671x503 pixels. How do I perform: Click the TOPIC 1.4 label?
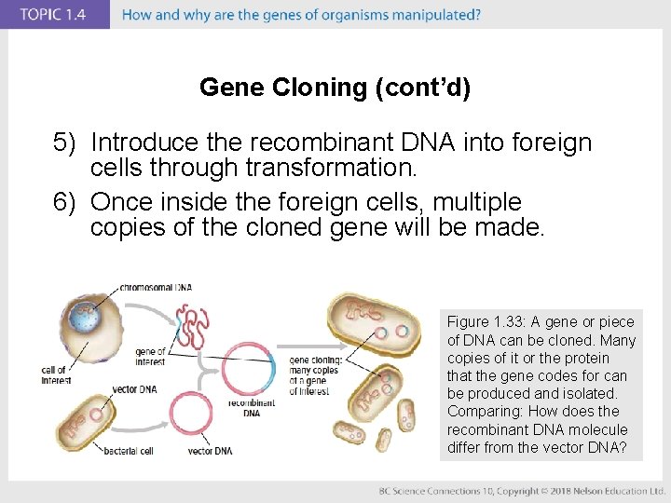[x=54, y=15]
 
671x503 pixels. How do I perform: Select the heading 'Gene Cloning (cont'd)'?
[x=335, y=88]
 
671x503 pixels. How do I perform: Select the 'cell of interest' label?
[x=55, y=375]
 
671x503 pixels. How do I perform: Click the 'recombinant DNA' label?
[x=252, y=408]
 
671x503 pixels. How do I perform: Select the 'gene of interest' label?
[x=150, y=357]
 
